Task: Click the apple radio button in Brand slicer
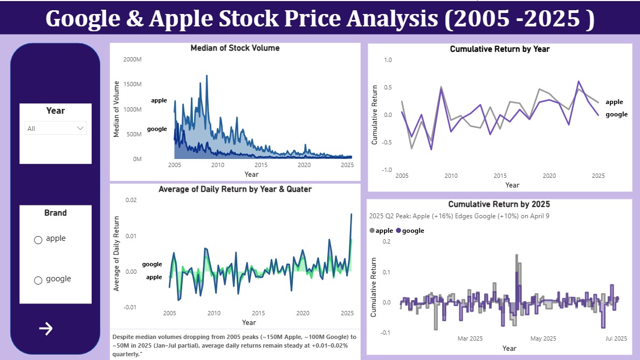tap(38, 240)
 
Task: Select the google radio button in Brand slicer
tap(38, 280)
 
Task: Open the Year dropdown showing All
tap(56, 128)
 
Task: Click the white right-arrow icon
tap(46, 329)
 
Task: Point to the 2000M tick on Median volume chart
tap(132, 59)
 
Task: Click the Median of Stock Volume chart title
tap(235, 48)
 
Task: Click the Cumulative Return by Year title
tap(500, 49)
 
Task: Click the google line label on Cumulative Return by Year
tap(616, 114)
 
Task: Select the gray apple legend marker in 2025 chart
tap(372, 231)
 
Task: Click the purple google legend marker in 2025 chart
tap(398, 231)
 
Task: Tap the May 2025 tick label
tap(543, 338)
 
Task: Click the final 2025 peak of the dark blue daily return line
tap(352, 214)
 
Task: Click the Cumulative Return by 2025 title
tap(499, 204)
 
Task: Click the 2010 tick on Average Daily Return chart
tap(214, 313)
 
